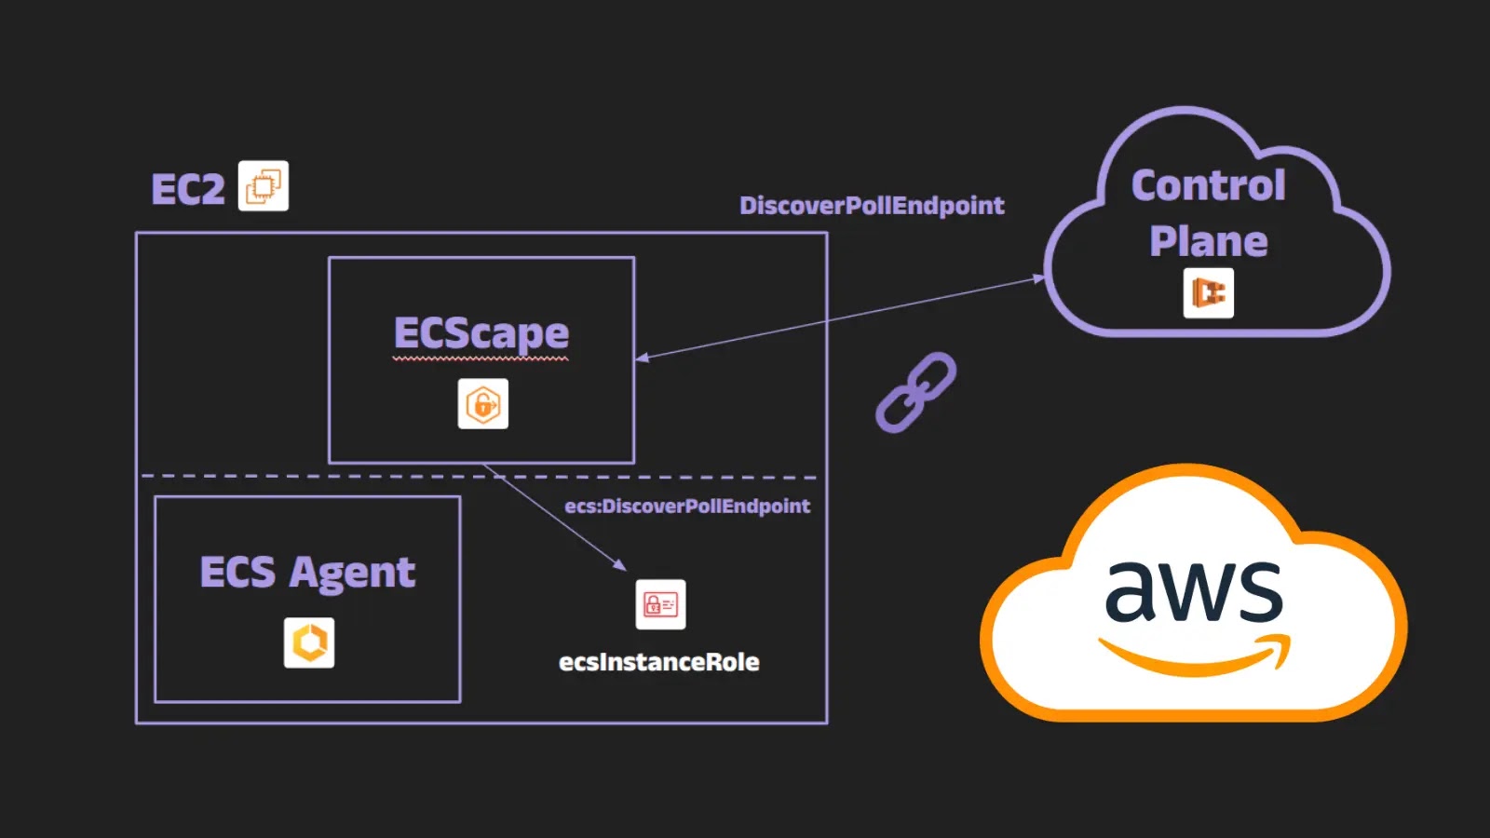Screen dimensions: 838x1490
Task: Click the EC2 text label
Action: pyautogui.click(x=188, y=190)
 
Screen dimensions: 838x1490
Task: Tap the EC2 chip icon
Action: pyautogui.click(x=264, y=186)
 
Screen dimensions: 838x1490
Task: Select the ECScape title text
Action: pyautogui.click(x=481, y=333)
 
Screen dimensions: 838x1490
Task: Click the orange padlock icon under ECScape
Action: pyautogui.click(x=483, y=404)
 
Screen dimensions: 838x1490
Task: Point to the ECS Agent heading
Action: pyautogui.click(x=307, y=572)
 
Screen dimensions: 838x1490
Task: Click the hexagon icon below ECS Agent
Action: pyautogui.click(x=309, y=642)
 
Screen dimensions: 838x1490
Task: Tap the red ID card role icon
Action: pyautogui.click(x=660, y=604)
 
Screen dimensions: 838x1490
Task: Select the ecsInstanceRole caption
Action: pyautogui.click(x=658, y=662)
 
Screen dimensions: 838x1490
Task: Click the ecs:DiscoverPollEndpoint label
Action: pyautogui.click(x=687, y=506)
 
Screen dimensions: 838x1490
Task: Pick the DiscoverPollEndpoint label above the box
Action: pyautogui.click(x=872, y=206)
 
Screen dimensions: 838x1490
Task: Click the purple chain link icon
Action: pyautogui.click(x=915, y=392)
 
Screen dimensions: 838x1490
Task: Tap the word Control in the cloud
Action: pyautogui.click(x=1208, y=185)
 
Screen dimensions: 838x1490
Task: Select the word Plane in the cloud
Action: pyautogui.click(x=1208, y=242)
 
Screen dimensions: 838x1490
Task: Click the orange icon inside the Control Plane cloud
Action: pyautogui.click(x=1208, y=293)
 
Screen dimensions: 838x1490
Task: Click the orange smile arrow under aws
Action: pyautogui.click(x=1197, y=656)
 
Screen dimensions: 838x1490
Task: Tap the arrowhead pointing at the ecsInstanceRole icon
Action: pyautogui.click(x=619, y=565)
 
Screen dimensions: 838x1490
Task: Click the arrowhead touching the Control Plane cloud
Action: pyautogui.click(x=1039, y=277)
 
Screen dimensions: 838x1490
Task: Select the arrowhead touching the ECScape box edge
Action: pyautogui.click(x=643, y=358)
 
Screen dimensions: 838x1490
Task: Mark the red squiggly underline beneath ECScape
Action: pyautogui.click(x=481, y=358)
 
